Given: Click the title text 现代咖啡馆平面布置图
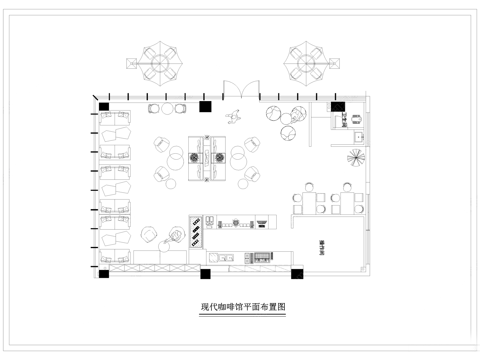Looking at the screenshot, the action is (x=243, y=307).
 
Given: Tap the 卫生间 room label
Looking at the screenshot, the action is (x=344, y=120).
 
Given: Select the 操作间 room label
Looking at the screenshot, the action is (x=322, y=248).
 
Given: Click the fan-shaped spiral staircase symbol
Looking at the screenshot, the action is (x=356, y=157).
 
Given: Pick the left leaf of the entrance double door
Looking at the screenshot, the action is (x=232, y=88).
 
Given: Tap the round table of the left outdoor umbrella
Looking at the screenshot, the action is (x=160, y=63).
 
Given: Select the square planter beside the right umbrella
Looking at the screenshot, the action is (x=334, y=63).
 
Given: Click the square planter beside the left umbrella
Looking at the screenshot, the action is (x=131, y=63).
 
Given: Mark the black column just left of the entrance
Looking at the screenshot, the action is (x=205, y=106).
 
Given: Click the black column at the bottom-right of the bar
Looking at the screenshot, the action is (x=297, y=274).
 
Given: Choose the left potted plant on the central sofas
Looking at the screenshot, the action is (x=194, y=158).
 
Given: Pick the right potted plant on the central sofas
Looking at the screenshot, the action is (x=220, y=158).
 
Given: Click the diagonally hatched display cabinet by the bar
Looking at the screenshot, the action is (x=196, y=232).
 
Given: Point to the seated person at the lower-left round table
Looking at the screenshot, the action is (x=176, y=236).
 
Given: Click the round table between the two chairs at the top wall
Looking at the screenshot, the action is (x=167, y=109).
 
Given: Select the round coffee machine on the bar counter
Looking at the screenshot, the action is (x=235, y=222).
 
